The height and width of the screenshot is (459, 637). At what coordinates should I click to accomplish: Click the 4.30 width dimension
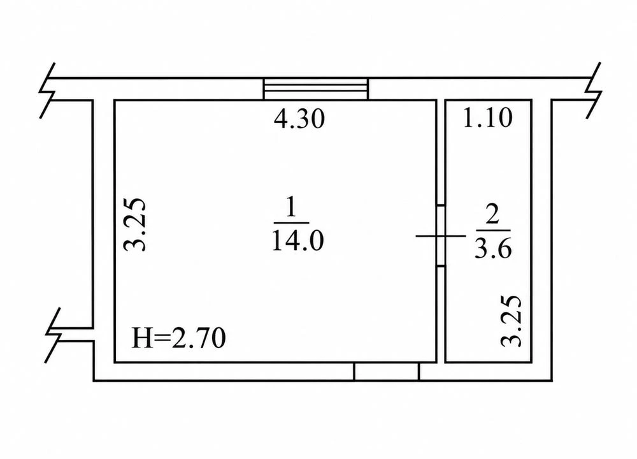click(x=299, y=119)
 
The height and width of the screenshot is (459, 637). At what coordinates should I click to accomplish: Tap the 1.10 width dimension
click(x=487, y=118)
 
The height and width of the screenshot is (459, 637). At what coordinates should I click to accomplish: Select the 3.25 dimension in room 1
click(x=134, y=224)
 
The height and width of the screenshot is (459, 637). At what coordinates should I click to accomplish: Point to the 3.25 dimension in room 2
click(x=510, y=321)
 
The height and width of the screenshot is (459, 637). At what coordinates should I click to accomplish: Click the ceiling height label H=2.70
click(x=179, y=338)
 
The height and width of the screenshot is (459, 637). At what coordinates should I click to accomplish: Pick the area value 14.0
click(x=297, y=240)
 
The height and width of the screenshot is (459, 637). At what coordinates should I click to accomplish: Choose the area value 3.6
click(x=493, y=248)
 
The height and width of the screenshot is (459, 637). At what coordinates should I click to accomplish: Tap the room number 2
click(x=492, y=214)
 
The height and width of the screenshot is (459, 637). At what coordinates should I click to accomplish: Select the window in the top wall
click(x=316, y=89)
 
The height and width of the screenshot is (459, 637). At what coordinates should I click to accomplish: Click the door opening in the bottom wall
click(x=387, y=372)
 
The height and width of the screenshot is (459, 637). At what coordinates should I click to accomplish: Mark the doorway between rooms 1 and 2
click(x=440, y=236)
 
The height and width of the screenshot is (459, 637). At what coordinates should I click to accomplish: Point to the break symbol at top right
click(x=594, y=91)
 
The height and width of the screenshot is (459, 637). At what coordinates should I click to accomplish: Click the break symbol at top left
click(x=47, y=91)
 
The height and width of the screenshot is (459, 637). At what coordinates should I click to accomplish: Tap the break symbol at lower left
click(x=53, y=335)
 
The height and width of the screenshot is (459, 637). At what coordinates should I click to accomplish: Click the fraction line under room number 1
click(x=291, y=222)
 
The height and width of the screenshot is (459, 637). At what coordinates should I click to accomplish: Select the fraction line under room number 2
click(x=492, y=231)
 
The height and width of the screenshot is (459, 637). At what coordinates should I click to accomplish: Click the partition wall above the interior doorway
click(x=440, y=153)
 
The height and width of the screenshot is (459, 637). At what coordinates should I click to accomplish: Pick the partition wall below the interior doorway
click(x=440, y=314)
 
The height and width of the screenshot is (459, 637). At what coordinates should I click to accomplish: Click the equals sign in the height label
click(x=162, y=339)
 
